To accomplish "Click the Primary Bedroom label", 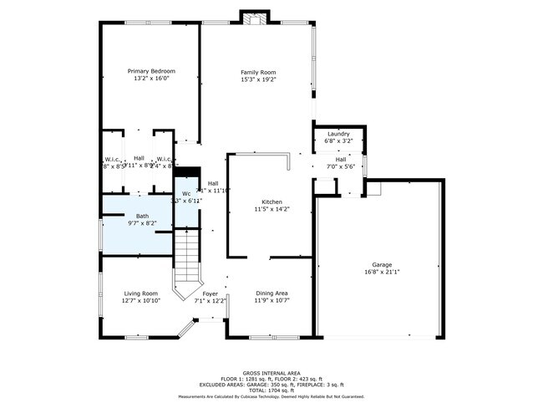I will (x=150, y=71).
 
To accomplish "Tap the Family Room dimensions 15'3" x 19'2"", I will (x=258, y=80).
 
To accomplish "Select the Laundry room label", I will (x=337, y=134).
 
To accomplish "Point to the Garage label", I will (x=382, y=265).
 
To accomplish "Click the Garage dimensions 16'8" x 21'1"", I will (x=382, y=273).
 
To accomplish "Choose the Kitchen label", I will (x=271, y=202).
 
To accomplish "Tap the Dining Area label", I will (x=271, y=293).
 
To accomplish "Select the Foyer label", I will (x=211, y=293).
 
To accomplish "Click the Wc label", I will (x=186, y=194).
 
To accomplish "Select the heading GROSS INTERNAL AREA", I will (x=271, y=373).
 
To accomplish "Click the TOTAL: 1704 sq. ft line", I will (x=271, y=390).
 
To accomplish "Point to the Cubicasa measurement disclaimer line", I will (x=271, y=397).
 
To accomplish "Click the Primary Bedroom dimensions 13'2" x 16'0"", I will (x=150, y=79).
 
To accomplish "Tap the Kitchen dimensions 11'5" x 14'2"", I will (x=271, y=210).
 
